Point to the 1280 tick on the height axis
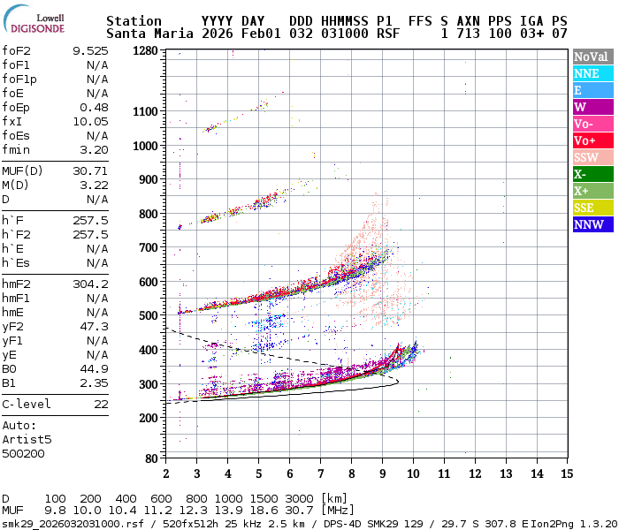(x=146, y=50)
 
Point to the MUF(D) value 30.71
(x=90, y=170)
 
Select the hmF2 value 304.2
(x=90, y=284)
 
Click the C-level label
(x=27, y=404)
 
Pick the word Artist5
(x=27, y=439)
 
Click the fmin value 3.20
(x=94, y=149)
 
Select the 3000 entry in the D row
(x=300, y=499)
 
